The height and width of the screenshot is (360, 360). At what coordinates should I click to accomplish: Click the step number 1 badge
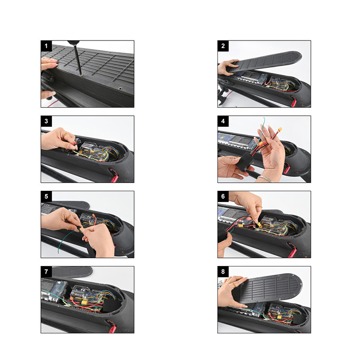pyautogui.click(x=46, y=46)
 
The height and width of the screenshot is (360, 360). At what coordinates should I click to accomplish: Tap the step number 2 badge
pyautogui.click(x=223, y=46)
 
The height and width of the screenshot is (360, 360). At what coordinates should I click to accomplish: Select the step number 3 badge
pyautogui.click(x=46, y=121)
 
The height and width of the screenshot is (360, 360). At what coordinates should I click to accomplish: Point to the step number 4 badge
pyautogui.click(x=223, y=121)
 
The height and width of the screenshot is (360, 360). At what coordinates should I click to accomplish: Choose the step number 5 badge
pyautogui.click(x=46, y=197)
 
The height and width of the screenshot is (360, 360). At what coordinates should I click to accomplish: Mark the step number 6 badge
pyautogui.click(x=223, y=197)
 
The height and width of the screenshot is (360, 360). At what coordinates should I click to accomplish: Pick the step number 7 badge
pyautogui.click(x=46, y=272)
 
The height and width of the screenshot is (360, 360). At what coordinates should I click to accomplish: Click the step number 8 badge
pyautogui.click(x=223, y=272)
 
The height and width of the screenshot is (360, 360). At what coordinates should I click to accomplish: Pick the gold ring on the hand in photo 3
pyautogui.click(x=66, y=134)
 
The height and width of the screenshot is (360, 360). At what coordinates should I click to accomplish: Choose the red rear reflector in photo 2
pyautogui.click(x=294, y=103)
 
